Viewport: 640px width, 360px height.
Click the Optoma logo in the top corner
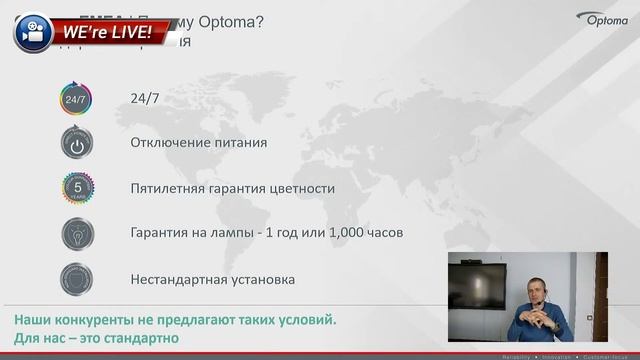605,19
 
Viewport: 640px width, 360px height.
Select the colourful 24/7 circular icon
76,99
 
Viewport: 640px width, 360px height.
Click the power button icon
76,143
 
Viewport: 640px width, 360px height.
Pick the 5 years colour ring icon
76,188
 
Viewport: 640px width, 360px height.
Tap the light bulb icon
76,233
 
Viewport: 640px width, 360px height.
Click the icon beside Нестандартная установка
76,278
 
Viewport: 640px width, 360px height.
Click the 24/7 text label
145,98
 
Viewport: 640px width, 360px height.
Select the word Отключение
171,143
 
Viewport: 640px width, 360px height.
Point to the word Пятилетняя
170,188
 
